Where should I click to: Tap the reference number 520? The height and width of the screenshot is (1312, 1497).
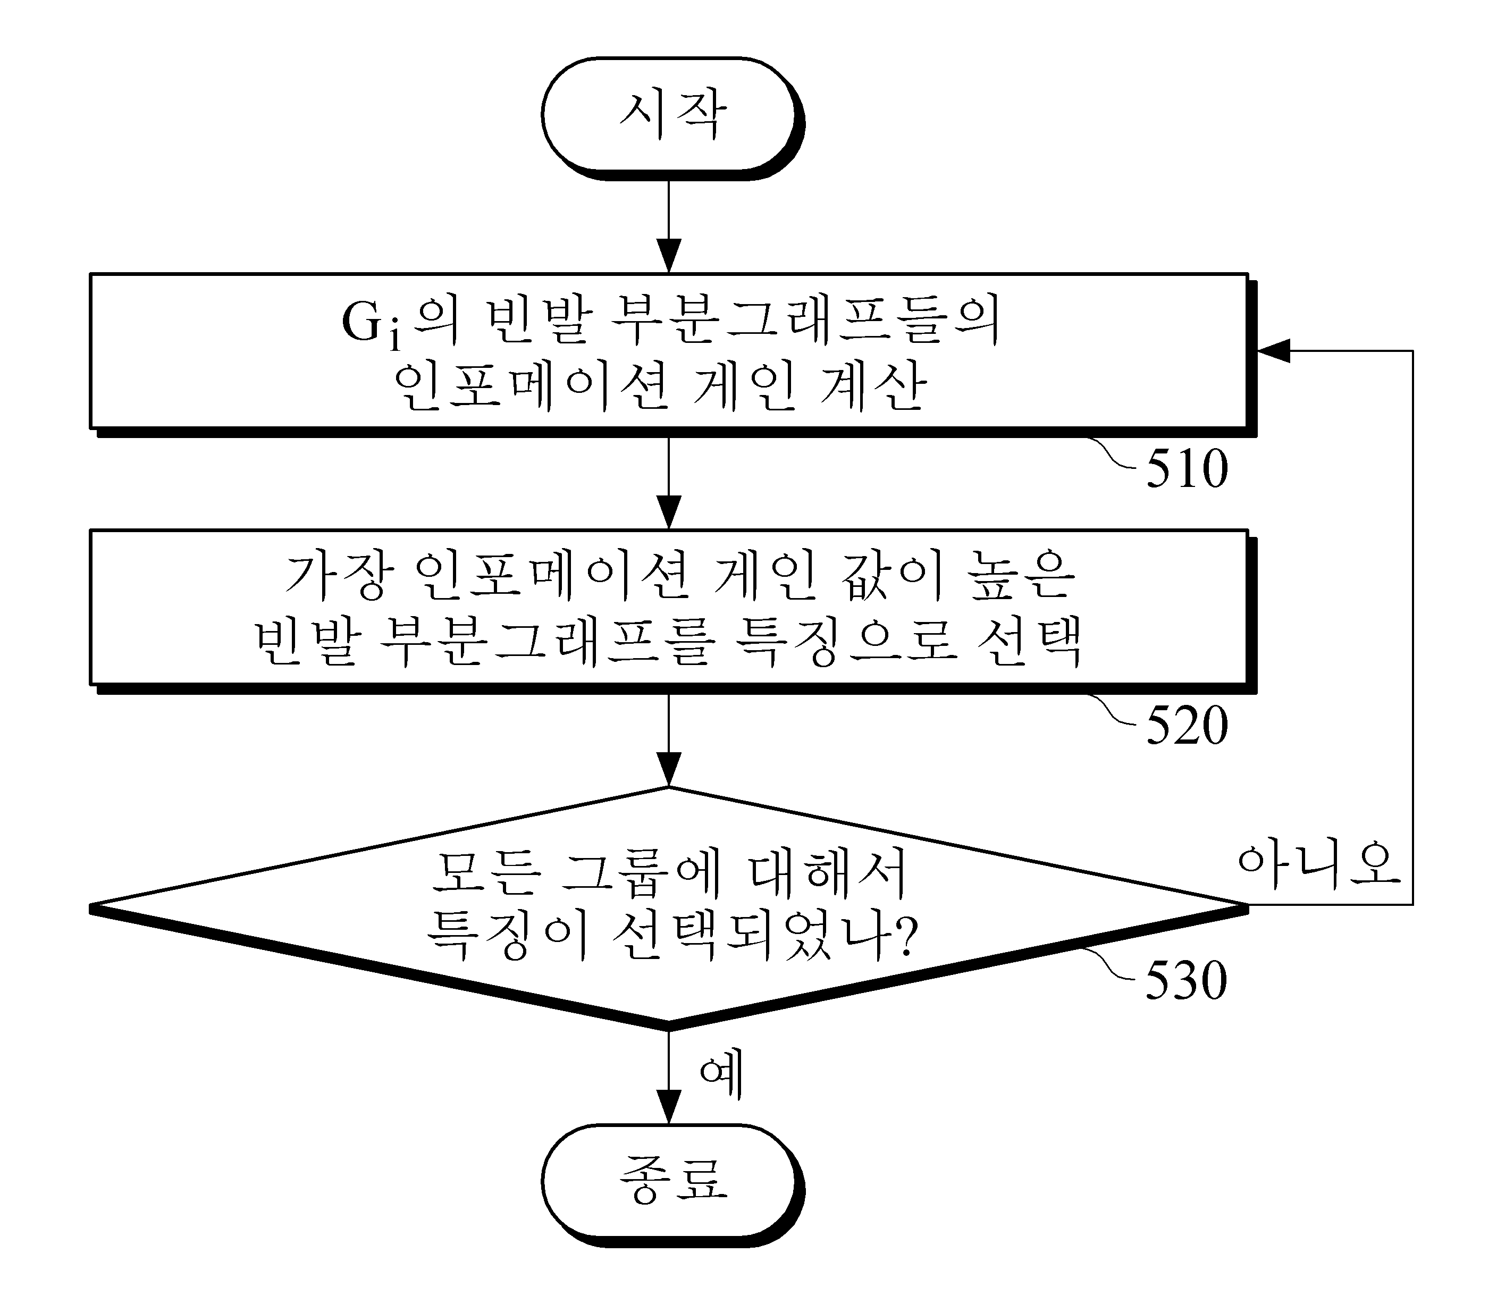point(1187,726)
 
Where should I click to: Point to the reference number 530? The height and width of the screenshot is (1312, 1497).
point(1186,980)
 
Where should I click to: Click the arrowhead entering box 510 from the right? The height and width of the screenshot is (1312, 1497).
point(1272,351)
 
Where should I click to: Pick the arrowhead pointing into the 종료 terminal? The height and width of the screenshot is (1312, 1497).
point(668,1107)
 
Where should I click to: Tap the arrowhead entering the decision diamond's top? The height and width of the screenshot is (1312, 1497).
point(668,769)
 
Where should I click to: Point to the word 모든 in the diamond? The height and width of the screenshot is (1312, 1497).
point(486,873)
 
